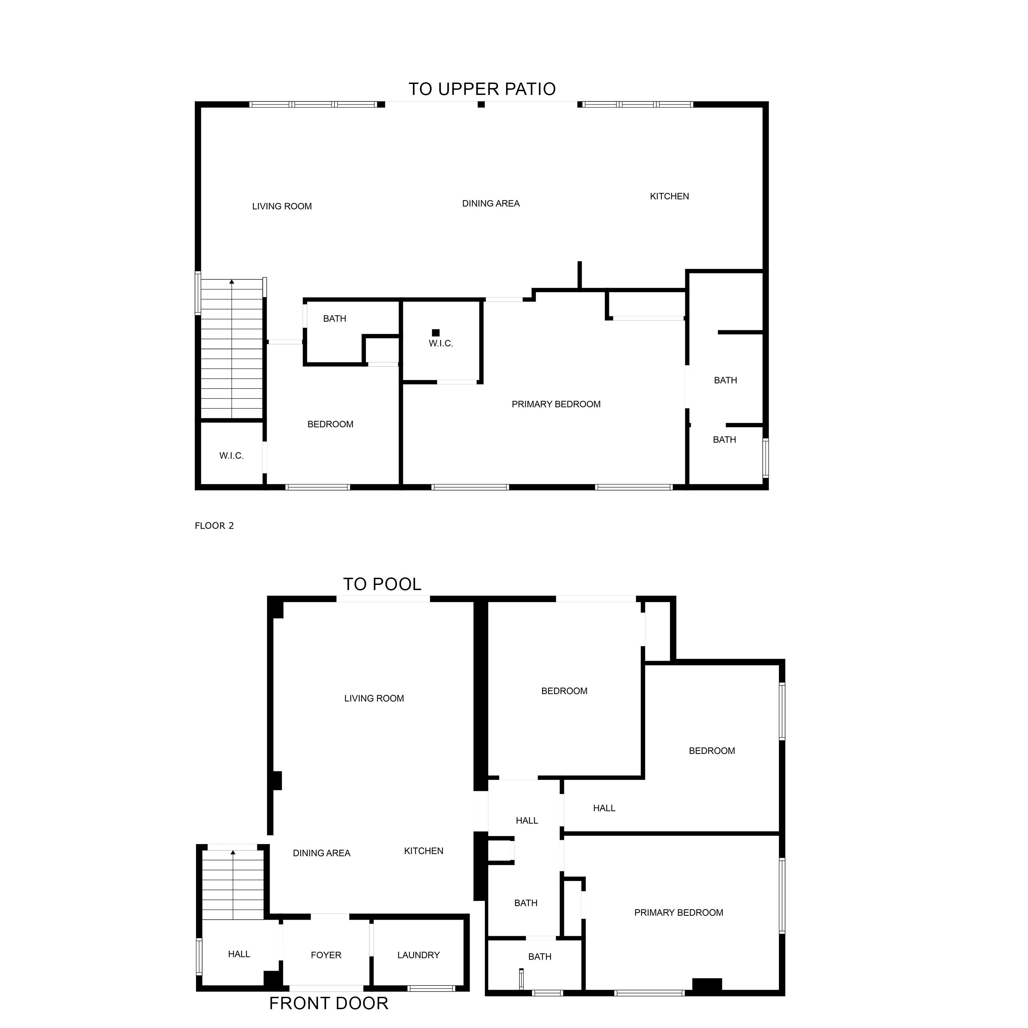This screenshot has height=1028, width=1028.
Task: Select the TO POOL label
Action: click(382, 584)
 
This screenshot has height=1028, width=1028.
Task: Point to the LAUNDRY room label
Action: click(418, 955)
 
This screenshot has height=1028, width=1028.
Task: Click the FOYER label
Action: click(326, 955)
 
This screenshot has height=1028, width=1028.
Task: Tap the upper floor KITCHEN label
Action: click(669, 196)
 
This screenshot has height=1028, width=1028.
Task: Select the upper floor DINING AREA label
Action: click(491, 203)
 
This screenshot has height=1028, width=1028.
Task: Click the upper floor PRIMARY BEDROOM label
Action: click(556, 404)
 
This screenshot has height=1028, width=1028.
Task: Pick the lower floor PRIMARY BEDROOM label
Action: click(678, 913)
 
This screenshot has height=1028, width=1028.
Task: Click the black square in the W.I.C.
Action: click(436, 332)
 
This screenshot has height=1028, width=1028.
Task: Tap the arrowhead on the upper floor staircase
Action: click(231, 281)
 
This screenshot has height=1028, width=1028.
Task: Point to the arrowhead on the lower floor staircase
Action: click(233, 853)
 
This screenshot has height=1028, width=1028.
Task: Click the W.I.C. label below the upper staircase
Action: click(231, 455)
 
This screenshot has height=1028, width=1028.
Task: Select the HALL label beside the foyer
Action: click(239, 954)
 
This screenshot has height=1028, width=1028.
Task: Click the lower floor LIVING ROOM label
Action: click(374, 698)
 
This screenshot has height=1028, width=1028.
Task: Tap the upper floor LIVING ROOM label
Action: click(282, 206)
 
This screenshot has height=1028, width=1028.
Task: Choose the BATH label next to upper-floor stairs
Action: click(335, 319)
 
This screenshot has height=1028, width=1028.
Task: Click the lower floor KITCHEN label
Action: click(424, 851)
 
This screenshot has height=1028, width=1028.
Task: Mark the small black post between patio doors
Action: click(481, 104)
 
